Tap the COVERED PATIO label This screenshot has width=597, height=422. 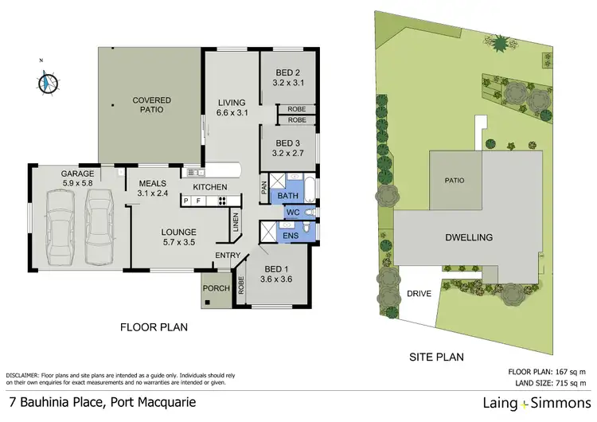tap(152, 104)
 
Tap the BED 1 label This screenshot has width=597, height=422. tap(276, 269)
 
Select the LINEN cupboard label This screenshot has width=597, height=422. tap(236, 221)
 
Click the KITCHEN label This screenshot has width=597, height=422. tap(210, 187)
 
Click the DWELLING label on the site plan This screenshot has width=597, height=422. tap(469, 237)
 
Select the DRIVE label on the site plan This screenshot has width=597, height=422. tap(419, 294)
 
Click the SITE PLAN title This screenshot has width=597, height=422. tap(436, 358)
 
